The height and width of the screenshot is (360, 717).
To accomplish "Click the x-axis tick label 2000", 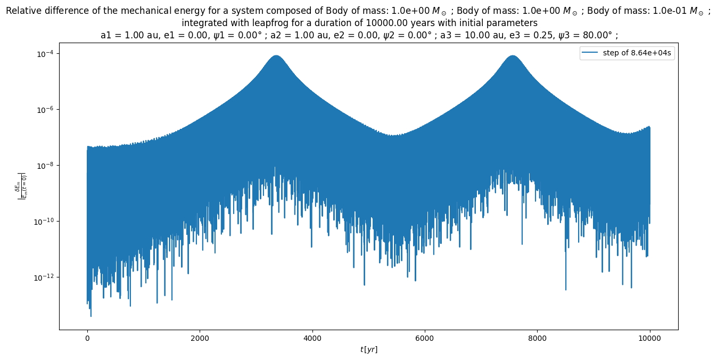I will pyautogui.click(x=200, y=338).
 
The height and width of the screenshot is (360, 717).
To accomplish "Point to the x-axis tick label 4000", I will pyautogui.click(x=312, y=338).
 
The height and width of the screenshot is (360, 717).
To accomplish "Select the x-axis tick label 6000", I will pyautogui.click(x=425, y=338).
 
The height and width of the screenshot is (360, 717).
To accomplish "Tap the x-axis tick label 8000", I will pyautogui.click(x=537, y=338).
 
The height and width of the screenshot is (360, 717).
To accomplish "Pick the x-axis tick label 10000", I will pyautogui.click(x=649, y=338).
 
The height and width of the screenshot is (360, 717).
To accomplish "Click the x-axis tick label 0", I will pyautogui.click(x=87, y=338).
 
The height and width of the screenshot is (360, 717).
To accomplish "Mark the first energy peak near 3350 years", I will pyautogui.click(x=276, y=56).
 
